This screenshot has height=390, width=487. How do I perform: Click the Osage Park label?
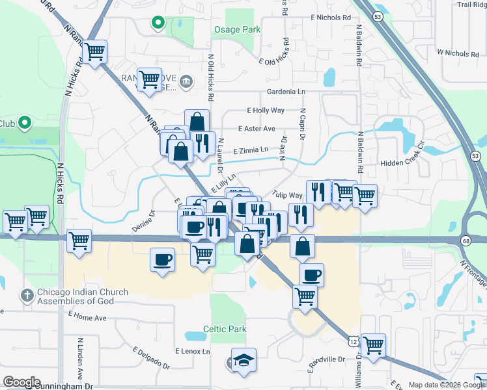(237, 29)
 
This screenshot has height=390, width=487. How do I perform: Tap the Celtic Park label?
(225, 329)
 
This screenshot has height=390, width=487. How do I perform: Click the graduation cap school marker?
(244, 361)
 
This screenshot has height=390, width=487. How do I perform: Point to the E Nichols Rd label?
(331, 18)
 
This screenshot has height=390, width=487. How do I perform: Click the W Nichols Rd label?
(457, 51)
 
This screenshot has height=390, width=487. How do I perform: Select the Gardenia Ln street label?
(286, 92)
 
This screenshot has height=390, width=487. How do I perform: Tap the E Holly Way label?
(266, 110)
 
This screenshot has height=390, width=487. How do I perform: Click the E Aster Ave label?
(257, 129)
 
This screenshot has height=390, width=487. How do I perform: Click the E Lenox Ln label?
(193, 351)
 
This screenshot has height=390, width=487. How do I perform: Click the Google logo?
(21, 382)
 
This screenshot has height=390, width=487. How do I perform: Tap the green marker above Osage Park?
(157, 23)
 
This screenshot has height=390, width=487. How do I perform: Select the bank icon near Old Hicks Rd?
(186, 81)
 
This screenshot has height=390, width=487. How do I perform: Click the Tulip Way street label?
(288, 195)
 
